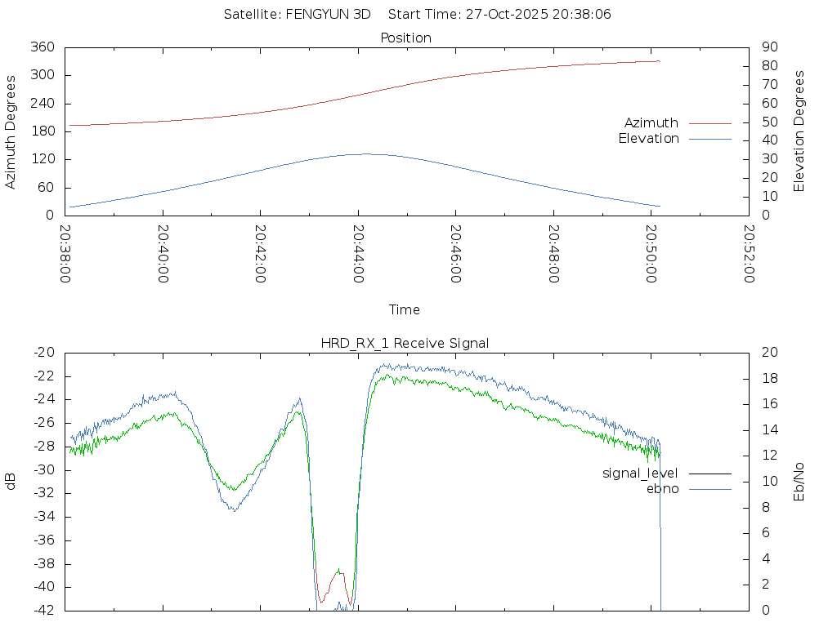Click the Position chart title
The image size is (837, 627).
tap(406, 38)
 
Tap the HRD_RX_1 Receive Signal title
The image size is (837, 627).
tap(405, 343)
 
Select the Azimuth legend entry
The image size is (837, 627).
tap(651, 122)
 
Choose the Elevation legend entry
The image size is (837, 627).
tap(648, 139)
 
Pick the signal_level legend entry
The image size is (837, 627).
tap(640, 473)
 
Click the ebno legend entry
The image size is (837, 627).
tap(662, 488)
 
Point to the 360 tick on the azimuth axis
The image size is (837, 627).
tap(43, 47)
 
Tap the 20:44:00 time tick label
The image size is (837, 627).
tap(358, 254)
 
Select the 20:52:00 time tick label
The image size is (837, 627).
tap(748, 254)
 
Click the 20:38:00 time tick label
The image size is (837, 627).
tap(65, 254)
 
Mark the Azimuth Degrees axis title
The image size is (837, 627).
tap(11, 131)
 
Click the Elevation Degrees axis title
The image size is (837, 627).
tap(799, 131)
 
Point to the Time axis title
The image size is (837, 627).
tap(405, 309)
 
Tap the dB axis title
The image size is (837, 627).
tap(11, 482)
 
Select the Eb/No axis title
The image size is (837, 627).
tap(799, 482)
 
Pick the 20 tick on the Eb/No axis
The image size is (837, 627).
tap(769, 352)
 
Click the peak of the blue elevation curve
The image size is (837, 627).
tap(365, 153)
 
